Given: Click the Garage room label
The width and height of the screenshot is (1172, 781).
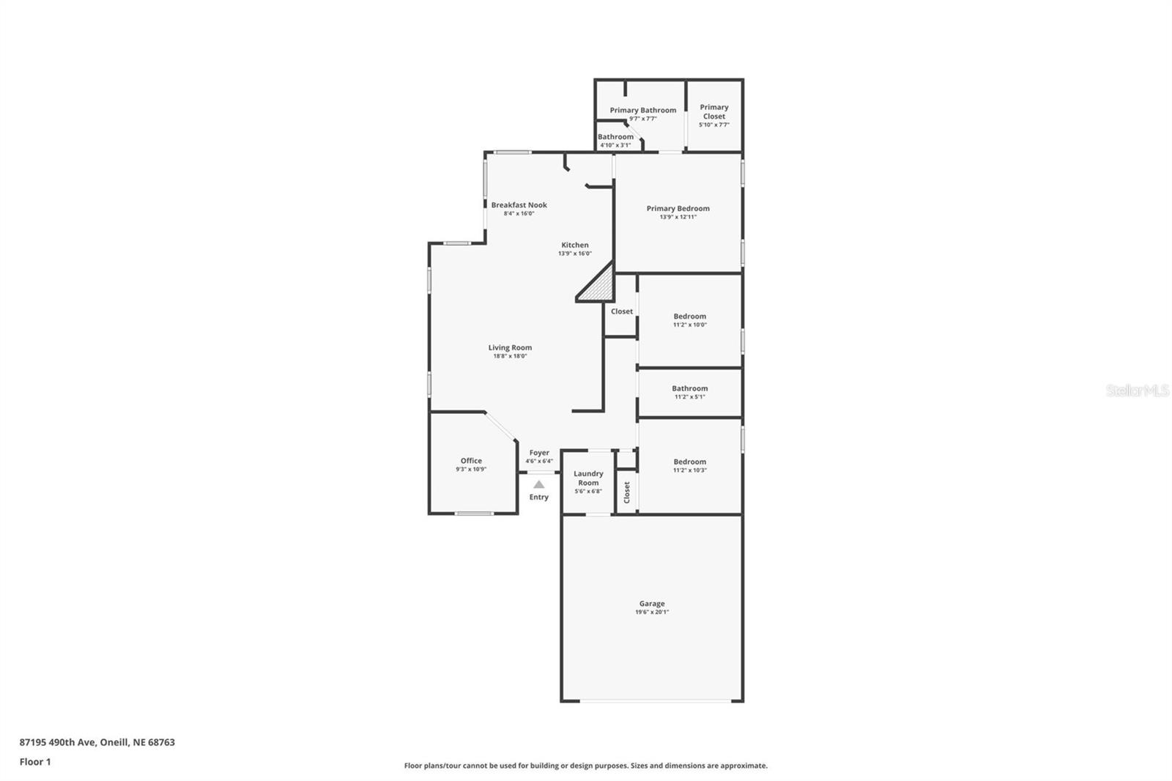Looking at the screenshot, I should coord(651,604).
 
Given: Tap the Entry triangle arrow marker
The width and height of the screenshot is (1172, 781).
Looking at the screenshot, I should coord(538,484).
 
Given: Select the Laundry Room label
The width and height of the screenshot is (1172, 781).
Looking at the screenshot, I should coord(588,478).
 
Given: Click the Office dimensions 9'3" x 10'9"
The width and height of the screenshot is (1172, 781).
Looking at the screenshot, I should coord(471,470).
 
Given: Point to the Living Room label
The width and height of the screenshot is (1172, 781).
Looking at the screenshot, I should coord(510,348).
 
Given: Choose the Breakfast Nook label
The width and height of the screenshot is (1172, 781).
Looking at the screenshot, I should coord(519,205).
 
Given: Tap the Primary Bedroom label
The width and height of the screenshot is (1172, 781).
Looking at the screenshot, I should coord(678,209).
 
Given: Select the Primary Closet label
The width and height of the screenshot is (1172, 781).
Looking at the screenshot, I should coord(713,111).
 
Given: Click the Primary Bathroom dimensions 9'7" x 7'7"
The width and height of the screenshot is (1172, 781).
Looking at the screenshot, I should coord(642,119).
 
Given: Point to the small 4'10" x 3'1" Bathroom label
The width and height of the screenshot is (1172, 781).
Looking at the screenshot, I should coord(615,137).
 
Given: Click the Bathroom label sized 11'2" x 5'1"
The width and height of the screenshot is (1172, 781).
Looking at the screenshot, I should coord(689,389).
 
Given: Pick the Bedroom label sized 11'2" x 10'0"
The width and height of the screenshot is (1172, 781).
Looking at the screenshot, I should coord(689,317).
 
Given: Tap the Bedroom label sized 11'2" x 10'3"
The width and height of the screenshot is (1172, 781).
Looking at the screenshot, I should coord(689,462).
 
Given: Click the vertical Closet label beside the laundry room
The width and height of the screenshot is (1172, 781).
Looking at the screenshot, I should coord(627,492).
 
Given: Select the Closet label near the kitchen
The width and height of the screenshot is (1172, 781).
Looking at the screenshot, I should coord(621,311).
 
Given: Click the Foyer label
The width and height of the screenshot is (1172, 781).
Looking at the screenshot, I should coord(539,453).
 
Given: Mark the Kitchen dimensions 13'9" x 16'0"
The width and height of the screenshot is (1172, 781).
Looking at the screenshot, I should coord(574,253).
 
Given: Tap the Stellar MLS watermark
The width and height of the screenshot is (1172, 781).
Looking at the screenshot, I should coord(1137,390).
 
